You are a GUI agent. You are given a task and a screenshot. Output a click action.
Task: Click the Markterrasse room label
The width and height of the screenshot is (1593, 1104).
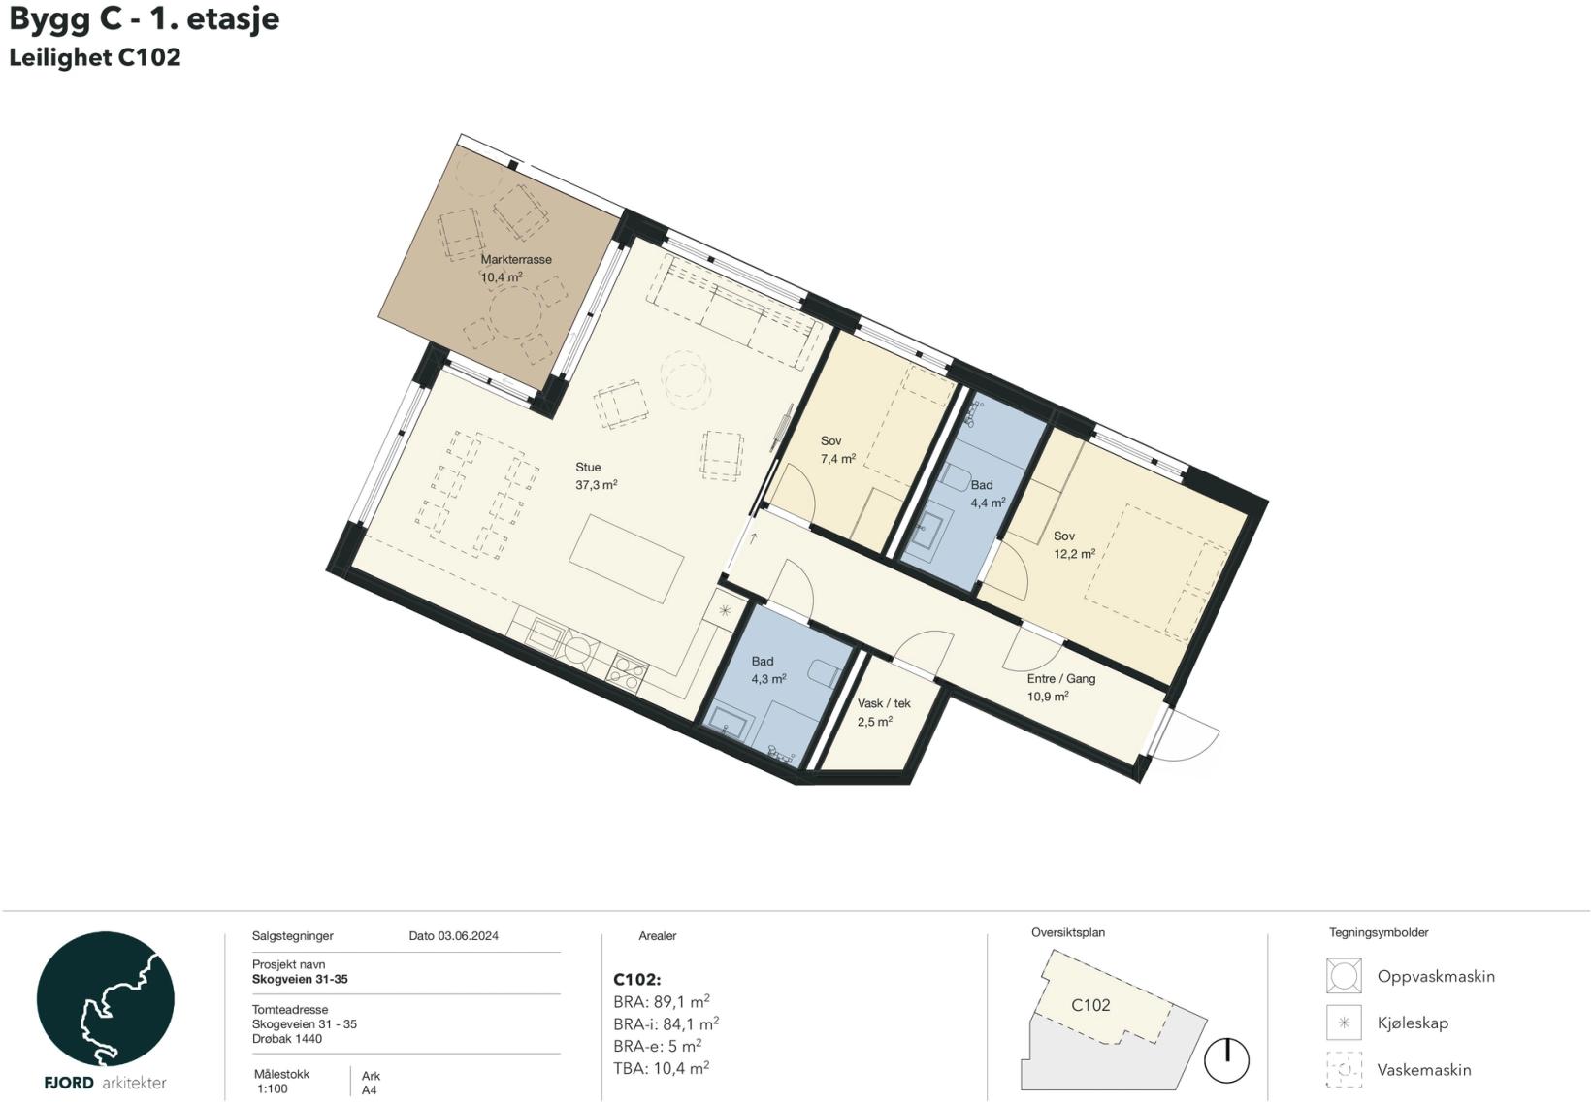point(515,260)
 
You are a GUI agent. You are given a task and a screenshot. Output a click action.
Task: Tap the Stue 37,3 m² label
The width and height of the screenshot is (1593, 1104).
point(596,476)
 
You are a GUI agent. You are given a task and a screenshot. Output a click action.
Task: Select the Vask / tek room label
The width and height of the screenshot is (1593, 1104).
point(883,703)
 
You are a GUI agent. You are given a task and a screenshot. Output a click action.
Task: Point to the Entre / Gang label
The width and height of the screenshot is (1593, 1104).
point(1061,679)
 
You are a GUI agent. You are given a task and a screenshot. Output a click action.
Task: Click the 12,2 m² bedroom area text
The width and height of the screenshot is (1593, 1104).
point(1074,553)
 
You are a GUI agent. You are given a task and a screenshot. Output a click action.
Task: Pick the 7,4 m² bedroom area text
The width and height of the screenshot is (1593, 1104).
point(838,459)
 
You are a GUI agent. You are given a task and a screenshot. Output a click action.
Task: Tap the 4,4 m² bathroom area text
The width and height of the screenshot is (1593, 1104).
point(988,503)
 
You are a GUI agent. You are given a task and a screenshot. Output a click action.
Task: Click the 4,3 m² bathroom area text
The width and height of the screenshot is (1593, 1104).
point(768,679)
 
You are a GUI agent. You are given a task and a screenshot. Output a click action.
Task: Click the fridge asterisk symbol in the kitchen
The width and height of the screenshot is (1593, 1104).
point(725,609)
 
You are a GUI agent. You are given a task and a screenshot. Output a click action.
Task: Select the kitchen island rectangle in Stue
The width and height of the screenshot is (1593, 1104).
point(627,559)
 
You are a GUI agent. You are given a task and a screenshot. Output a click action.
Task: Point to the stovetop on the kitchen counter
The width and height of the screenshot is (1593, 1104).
point(628,673)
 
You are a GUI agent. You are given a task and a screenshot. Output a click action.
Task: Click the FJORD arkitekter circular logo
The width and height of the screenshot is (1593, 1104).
point(105,998)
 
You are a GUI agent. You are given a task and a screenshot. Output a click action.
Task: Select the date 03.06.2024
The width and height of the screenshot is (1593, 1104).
point(468,936)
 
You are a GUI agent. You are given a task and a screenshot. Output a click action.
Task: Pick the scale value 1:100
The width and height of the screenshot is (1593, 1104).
point(273,1089)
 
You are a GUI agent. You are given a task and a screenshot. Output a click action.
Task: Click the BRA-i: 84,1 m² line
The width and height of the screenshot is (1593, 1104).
point(666,1023)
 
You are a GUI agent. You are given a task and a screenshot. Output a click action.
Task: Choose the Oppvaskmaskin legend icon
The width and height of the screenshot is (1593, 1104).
point(1344,976)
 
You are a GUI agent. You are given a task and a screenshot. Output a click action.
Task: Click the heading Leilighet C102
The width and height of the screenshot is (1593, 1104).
point(94,57)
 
